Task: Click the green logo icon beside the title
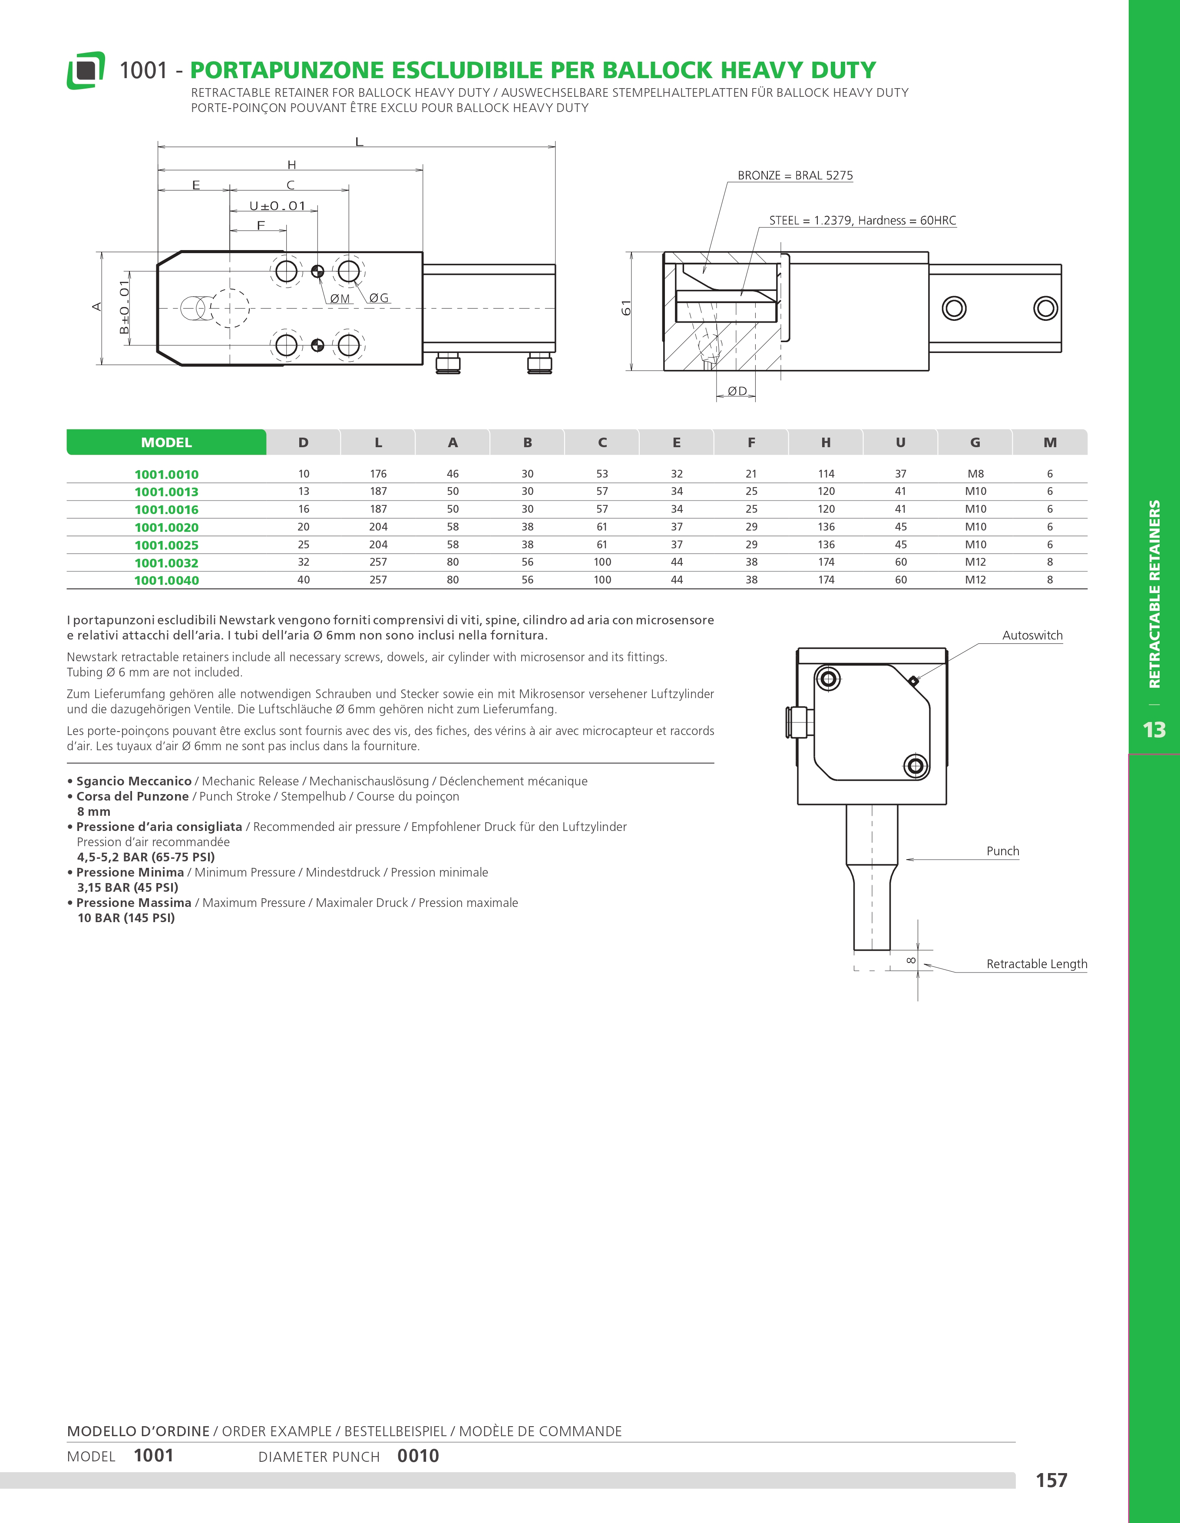86,70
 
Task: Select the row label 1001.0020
167,527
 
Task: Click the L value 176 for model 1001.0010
378,474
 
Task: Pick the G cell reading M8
975,474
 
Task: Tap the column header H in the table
826,442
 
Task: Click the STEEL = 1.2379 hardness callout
862,221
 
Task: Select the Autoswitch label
1032,635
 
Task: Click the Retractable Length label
1036,964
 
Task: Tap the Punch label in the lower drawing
1002,851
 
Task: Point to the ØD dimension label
737,391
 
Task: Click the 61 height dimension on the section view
626,307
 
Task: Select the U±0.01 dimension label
278,206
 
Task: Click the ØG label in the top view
379,298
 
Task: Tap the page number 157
1051,1480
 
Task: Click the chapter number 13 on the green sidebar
1154,729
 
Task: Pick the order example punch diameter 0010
418,1456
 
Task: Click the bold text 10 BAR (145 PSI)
126,918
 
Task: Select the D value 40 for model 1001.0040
304,580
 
